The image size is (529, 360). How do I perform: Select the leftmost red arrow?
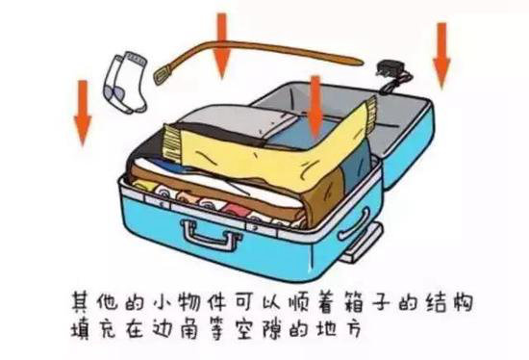coord(83,111)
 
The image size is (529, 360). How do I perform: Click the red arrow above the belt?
coord(222,43)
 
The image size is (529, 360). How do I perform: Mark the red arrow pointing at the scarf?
coord(315,103)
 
